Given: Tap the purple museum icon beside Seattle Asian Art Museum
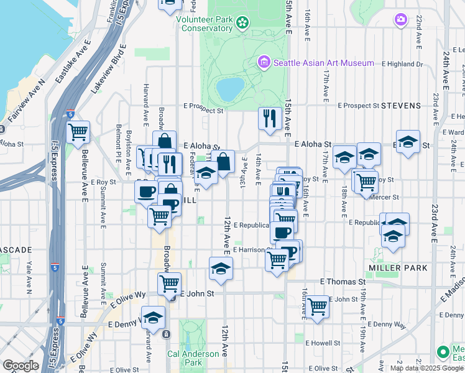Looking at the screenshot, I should point(264,62).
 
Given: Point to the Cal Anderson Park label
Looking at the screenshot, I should point(193,358).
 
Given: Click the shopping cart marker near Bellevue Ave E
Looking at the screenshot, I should point(78,131).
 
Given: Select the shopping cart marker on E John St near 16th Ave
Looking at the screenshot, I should point(318,306).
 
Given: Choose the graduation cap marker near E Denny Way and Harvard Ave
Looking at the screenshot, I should point(153,317).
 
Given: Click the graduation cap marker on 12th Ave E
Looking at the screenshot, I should point(220,268).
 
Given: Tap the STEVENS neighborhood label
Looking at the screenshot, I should point(400,106).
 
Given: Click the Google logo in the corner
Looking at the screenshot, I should point(21,366).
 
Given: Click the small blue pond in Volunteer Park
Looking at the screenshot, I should point(229,90).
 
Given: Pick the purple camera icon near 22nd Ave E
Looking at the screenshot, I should point(400,21).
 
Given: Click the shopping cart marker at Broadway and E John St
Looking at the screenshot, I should point(169,283).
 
